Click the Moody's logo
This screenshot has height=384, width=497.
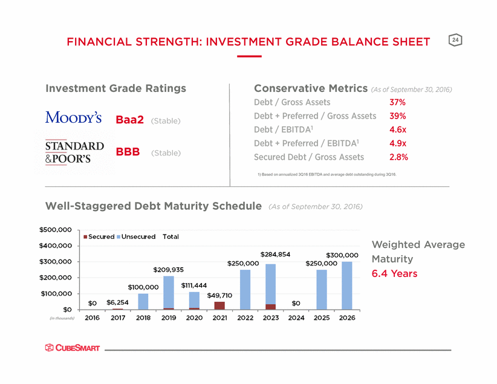tap(73, 117)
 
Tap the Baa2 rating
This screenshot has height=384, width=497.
tap(129, 120)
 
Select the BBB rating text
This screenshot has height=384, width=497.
tap(128, 152)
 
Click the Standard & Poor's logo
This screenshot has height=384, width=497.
tap(74, 152)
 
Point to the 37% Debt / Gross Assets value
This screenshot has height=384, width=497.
tap(397, 102)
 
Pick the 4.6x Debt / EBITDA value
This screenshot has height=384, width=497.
tap(398, 129)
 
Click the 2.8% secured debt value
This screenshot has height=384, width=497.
tap(398, 157)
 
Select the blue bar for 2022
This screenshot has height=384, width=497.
tap(245, 290)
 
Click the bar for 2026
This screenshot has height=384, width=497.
tap(347, 285)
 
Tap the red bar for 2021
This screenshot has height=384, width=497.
tap(219, 305)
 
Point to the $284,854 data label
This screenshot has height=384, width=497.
tap(275, 255)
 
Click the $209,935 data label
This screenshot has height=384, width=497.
tap(168, 270)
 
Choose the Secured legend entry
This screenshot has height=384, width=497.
tap(99, 236)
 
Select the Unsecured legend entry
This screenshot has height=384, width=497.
tap(136, 236)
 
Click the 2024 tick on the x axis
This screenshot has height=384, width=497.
tap(296, 317)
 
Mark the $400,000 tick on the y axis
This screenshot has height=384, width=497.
tap(56, 246)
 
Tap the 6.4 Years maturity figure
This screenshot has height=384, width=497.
tap(394, 273)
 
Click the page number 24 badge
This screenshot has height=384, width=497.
tap(455, 40)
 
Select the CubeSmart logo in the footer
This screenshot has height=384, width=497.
tap(73, 348)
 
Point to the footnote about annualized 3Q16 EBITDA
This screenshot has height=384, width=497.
tap(326, 174)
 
